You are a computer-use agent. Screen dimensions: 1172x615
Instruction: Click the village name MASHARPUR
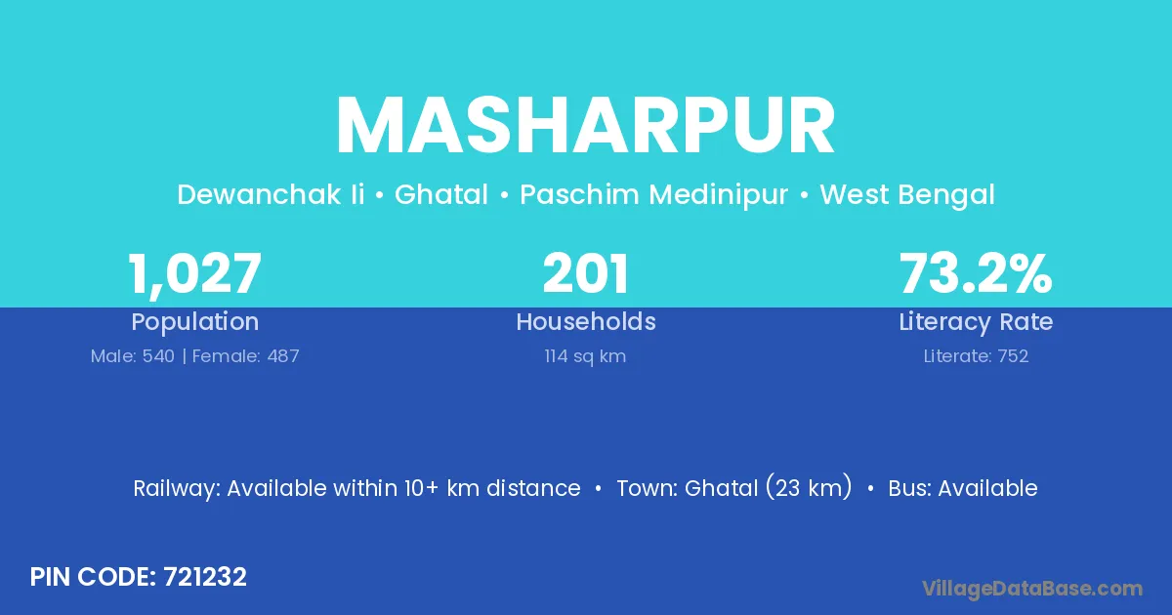pos(585,126)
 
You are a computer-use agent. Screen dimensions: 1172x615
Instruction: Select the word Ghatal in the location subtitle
pos(441,194)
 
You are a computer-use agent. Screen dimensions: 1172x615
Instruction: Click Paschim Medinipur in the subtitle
pos(653,194)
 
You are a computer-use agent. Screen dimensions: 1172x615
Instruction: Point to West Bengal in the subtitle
pos(906,195)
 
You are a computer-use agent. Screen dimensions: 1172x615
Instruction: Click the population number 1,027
pos(194,274)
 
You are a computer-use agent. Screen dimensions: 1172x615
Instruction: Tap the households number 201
pos(585,273)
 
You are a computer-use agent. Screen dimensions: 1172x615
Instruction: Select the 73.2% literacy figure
pos(976,273)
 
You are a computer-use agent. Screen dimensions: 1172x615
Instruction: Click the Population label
pos(194,322)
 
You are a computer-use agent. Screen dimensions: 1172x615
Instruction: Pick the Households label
pos(585,321)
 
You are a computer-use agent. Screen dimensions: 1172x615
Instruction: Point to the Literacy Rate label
pos(976,322)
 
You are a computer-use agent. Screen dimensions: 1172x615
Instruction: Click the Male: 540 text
pos(133,356)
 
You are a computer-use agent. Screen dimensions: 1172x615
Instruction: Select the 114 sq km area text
pos(585,356)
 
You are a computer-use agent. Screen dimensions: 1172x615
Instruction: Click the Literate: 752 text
pos(976,356)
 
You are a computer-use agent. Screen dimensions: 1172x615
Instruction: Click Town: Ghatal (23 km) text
pos(734,487)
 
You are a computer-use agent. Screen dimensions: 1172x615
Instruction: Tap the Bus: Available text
pos(963,488)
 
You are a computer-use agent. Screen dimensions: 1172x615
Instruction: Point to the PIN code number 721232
pos(204,577)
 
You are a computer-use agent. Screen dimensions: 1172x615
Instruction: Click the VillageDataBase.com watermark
pos(1031,589)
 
